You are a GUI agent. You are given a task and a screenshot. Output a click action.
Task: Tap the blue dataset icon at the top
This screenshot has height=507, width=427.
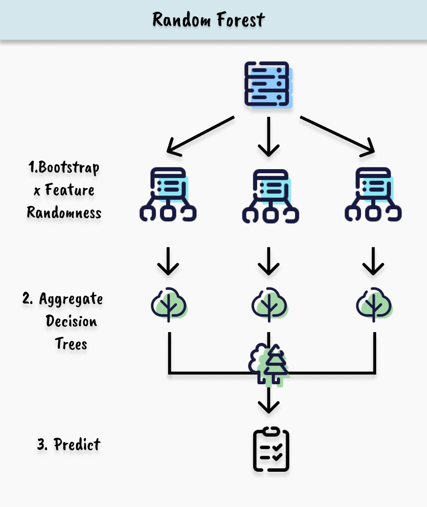[x=268, y=84]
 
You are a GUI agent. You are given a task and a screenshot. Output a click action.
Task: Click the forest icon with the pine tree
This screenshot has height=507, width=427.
[x=269, y=364]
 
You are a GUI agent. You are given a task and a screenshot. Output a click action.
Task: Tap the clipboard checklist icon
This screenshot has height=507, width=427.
[x=271, y=450]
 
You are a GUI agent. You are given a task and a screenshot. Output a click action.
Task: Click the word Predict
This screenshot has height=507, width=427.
[x=77, y=445]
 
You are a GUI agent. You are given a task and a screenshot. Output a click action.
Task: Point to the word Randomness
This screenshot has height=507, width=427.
[x=64, y=212]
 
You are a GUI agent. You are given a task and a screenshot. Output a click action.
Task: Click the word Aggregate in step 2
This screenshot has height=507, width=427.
[x=71, y=299]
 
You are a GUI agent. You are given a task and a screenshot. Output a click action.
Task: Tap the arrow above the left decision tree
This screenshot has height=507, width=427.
[x=168, y=262]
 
